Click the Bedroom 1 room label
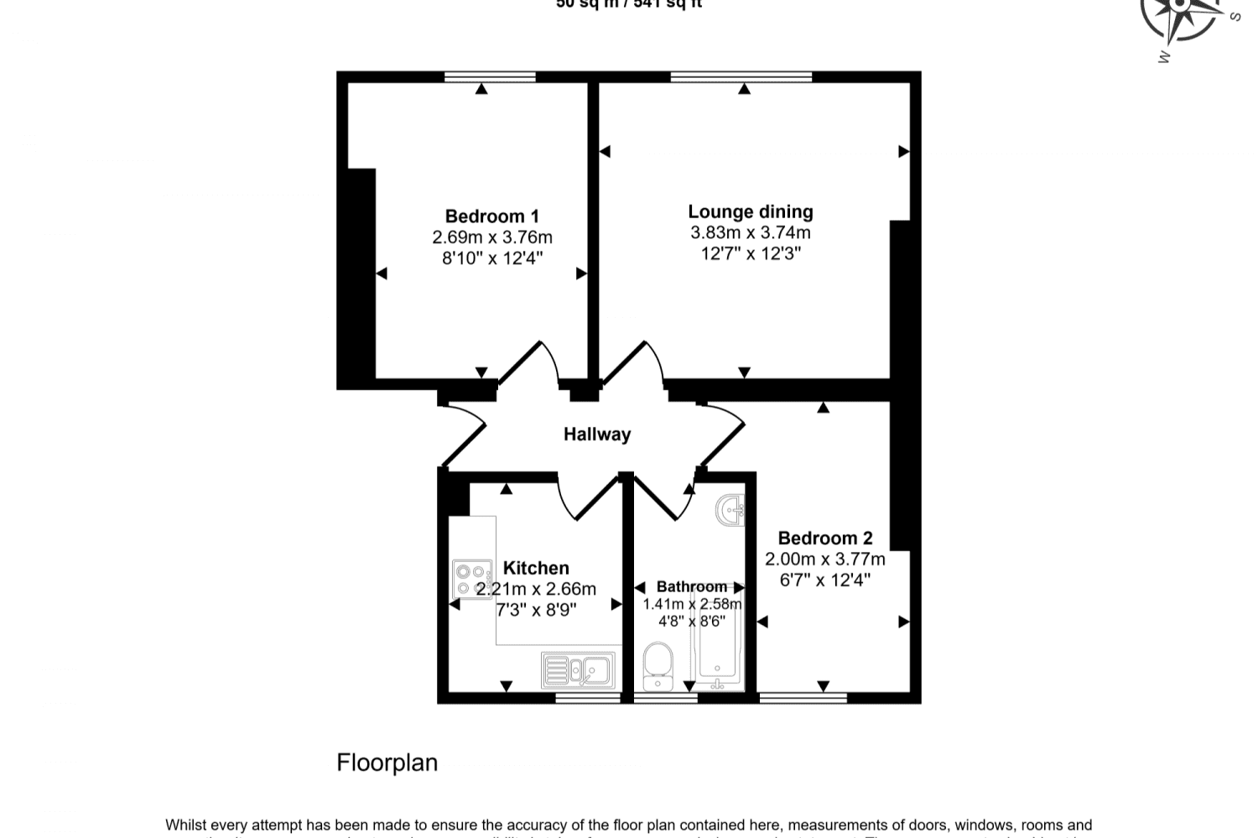[491, 216]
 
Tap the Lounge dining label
[751, 212]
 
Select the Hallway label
[596, 435]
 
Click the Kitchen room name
[536, 568]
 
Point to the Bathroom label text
[691, 586]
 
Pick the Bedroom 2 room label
[825, 539]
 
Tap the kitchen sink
[578, 670]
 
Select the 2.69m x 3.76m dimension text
[492, 237]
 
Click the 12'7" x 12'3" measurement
[751, 253]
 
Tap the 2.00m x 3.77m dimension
[825, 559]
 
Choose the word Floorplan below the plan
[387, 763]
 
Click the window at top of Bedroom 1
[490, 77]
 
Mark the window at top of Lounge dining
[741, 77]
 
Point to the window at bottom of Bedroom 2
[803, 698]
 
